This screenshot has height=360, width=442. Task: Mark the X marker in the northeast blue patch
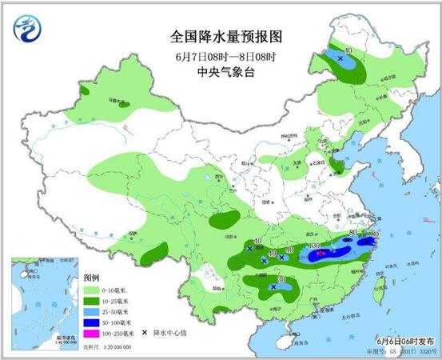(x=340, y=59)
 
